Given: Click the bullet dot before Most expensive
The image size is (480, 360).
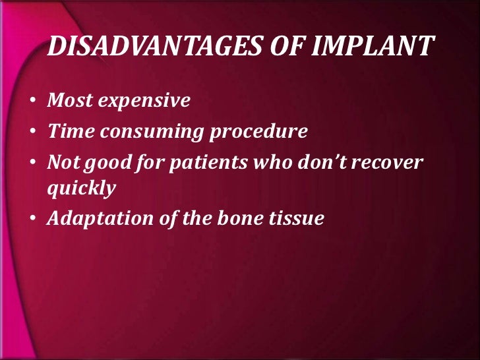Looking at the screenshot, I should (x=32, y=102).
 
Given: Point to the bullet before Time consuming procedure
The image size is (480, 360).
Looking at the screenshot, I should (x=32, y=133).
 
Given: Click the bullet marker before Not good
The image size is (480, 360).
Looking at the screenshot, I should (x=32, y=163).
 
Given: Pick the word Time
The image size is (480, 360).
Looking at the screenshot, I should (x=70, y=132).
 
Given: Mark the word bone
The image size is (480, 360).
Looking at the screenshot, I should (x=235, y=219).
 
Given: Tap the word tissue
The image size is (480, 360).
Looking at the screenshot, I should (x=295, y=219).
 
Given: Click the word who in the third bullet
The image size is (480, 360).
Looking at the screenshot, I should (x=269, y=162).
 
